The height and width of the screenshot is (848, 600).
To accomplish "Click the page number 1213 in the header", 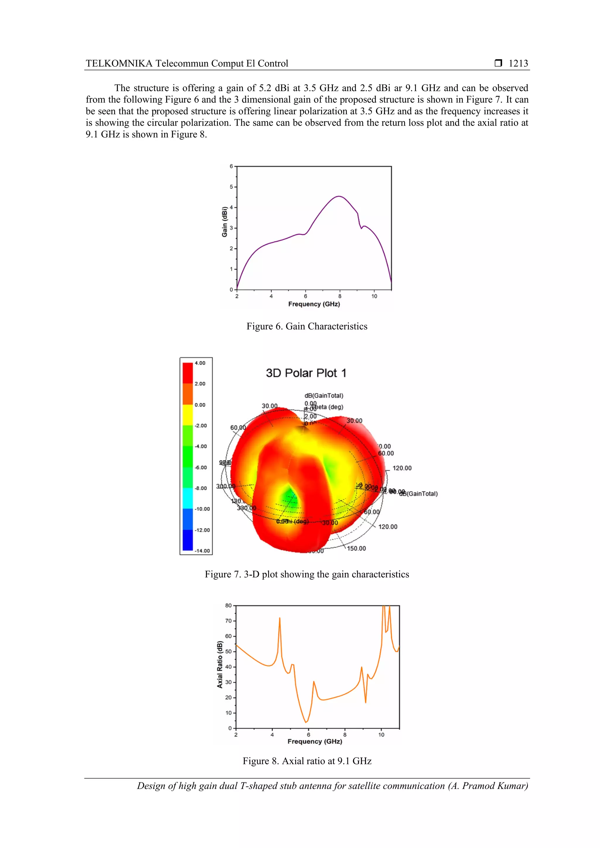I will point(518,64).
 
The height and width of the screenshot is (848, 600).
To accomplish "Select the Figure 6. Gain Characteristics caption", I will point(307,326).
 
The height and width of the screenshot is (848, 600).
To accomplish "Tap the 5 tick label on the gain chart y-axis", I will point(231,187).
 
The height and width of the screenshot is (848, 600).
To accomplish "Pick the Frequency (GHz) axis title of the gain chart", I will point(314,304).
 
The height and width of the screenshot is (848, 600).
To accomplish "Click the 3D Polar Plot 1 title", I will point(306,373).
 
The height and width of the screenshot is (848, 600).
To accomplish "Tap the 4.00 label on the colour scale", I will point(200,363).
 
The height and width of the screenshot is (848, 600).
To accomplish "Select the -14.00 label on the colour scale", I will point(202,551).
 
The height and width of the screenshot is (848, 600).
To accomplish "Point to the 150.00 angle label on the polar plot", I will point(356,548).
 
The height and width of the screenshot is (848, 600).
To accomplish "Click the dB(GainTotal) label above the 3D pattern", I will point(324,396).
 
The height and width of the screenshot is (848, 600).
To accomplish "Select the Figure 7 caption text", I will point(307,574).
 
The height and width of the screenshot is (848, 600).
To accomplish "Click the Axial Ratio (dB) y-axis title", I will point(220,665).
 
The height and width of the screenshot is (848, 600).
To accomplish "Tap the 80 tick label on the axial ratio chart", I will point(228,606).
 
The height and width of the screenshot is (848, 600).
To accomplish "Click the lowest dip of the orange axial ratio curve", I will point(306,722).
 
